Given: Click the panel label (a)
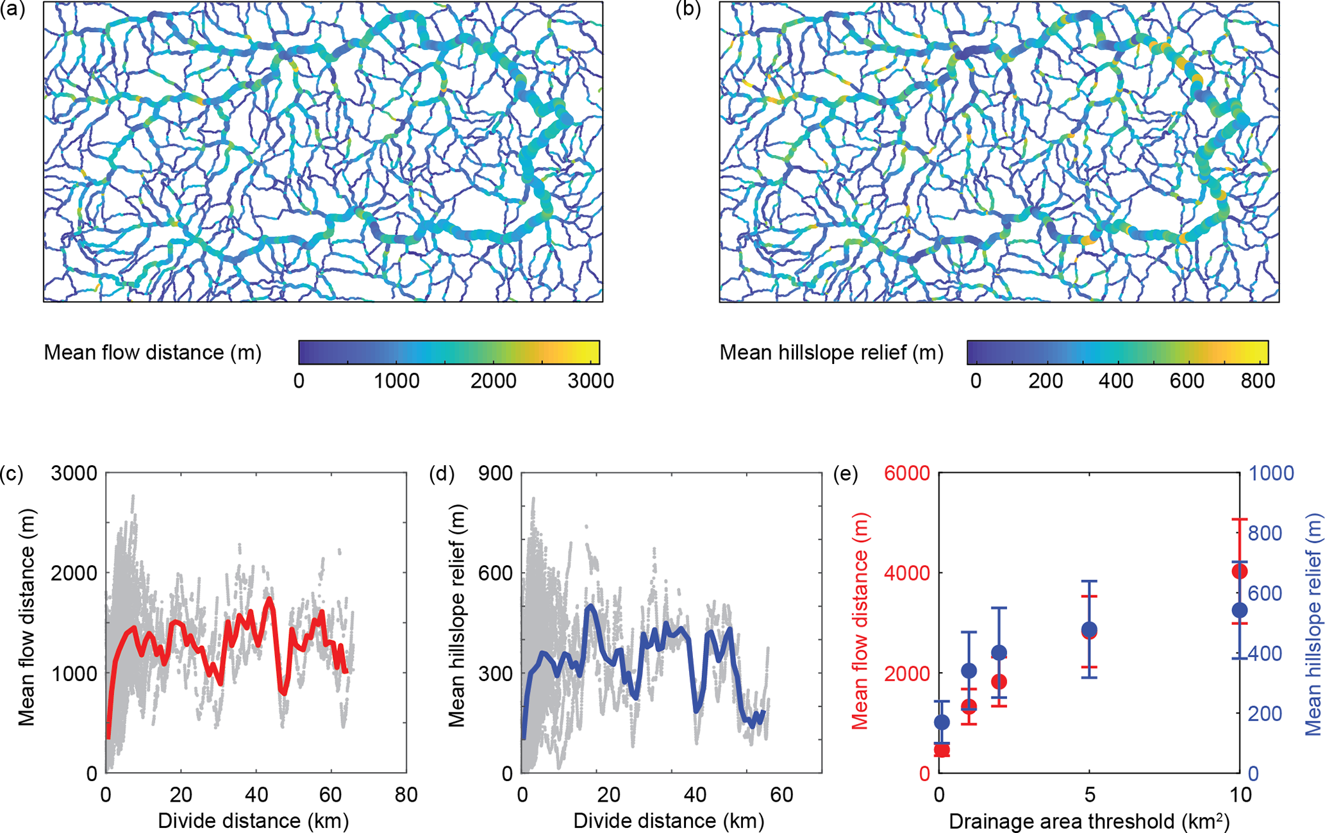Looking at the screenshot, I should (x=13, y=11).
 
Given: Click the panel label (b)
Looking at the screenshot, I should (x=689, y=11).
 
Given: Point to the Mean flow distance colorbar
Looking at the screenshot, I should (x=449, y=352).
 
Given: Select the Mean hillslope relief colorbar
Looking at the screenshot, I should (x=1117, y=352).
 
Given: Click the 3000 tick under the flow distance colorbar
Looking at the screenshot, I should (x=590, y=381).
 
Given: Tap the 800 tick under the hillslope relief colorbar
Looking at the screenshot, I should (x=1257, y=381).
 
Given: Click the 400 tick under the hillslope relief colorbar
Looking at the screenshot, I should (x=1116, y=381).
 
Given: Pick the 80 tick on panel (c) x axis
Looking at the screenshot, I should (x=406, y=795).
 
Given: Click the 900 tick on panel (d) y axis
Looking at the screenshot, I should (x=496, y=474).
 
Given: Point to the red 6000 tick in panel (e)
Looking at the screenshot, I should (x=906, y=474).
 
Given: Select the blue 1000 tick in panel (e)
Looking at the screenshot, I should (x=1271, y=474).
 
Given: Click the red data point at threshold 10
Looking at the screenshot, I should (x=1240, y=571).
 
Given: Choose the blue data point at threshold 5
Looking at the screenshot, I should (x=1089, y=629).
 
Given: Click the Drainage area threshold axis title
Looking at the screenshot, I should (x=1089, y=821).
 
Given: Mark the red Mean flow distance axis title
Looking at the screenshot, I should (x=860, y=622).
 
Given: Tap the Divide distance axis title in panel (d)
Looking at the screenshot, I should (x=669, y=821).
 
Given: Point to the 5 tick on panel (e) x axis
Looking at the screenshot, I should (x=1089, y=795).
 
